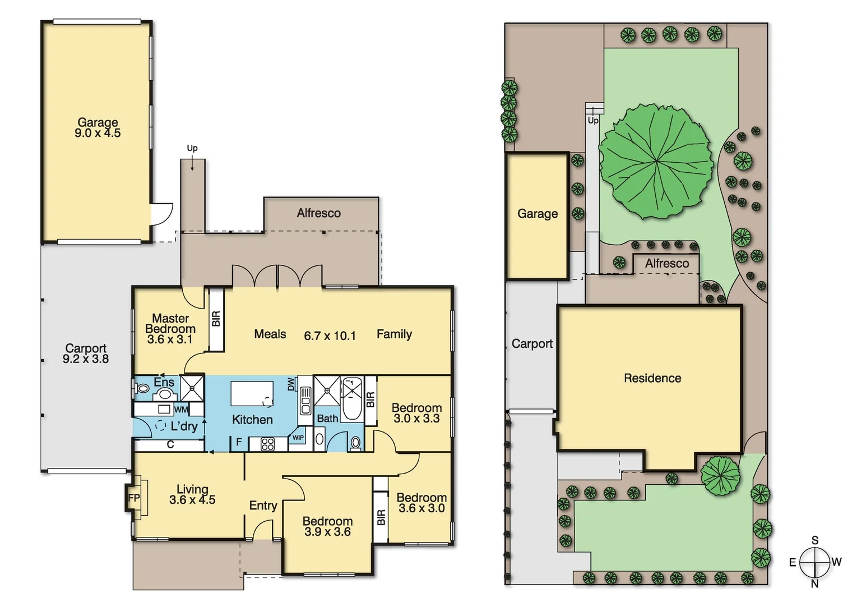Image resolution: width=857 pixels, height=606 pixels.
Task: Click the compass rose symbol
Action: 814,562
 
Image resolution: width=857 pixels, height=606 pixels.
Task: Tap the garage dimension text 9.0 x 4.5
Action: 98,134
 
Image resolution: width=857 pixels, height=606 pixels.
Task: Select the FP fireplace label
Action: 134,498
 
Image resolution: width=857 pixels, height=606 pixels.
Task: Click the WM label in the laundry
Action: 181,410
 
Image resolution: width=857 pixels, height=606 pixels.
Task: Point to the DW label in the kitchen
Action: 291,384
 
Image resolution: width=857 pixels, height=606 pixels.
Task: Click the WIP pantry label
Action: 298,438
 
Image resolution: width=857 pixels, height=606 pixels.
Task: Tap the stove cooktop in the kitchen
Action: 268,444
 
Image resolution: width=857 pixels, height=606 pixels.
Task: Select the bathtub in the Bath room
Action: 352,399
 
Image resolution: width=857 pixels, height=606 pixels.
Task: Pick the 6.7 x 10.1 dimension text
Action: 330,336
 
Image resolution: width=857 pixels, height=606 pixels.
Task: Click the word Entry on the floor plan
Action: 263,506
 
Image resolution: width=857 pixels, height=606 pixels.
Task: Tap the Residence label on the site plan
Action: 652,378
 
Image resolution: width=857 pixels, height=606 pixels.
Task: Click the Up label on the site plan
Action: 593,121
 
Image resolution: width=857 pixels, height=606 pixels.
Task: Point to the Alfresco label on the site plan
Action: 666,263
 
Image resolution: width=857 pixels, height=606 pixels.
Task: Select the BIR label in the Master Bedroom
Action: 216,319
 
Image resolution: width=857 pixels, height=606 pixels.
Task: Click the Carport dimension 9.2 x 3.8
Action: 86,359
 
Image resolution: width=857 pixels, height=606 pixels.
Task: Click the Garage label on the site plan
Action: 537,214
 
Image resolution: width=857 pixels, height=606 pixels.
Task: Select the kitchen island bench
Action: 252,393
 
